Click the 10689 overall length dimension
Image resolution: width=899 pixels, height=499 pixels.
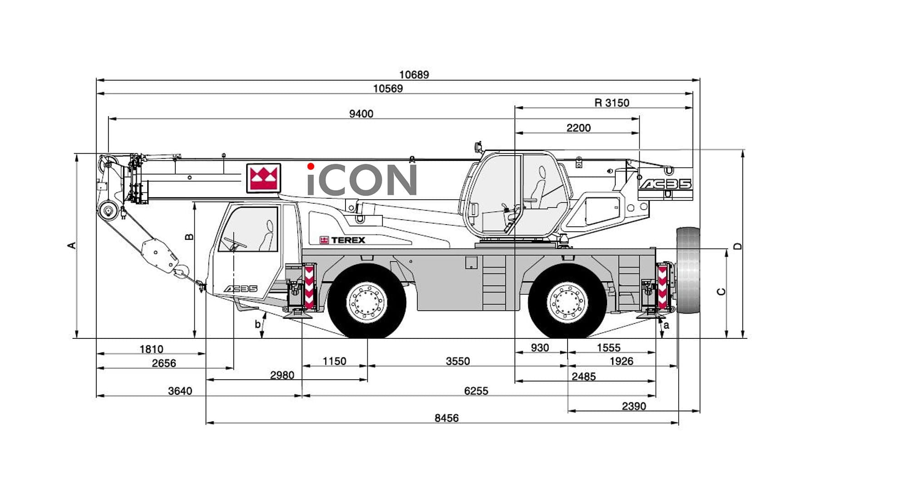coord(414,74)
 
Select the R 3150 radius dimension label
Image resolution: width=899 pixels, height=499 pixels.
coord(612,103)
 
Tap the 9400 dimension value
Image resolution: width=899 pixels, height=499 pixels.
coord(361,114)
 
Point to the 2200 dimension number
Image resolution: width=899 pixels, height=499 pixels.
coord(578,128)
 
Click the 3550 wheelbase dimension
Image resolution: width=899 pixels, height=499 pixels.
coord(458,362)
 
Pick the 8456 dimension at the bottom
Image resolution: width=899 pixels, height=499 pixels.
coord(446,418)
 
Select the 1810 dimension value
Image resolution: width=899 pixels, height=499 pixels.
coord(151,349)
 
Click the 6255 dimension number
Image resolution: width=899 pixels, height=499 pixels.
coord(476,391)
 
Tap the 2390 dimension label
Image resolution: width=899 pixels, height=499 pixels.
coord(633,406)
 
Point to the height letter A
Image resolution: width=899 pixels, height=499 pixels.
coord(71,245)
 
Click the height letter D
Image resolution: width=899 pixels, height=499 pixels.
coord(738,246)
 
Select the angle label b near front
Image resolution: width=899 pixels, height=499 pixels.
coord(257,324)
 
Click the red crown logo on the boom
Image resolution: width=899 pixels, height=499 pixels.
coord(263,178)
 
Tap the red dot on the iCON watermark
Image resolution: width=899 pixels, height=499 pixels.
coord(311,166)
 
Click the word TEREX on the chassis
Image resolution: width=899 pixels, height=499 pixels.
coord(348,240)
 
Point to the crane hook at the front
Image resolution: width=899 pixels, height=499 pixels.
coord(181,272)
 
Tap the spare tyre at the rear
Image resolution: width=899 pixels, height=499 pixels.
coord(688,270)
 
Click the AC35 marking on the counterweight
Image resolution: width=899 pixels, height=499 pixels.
coord(665,184)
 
